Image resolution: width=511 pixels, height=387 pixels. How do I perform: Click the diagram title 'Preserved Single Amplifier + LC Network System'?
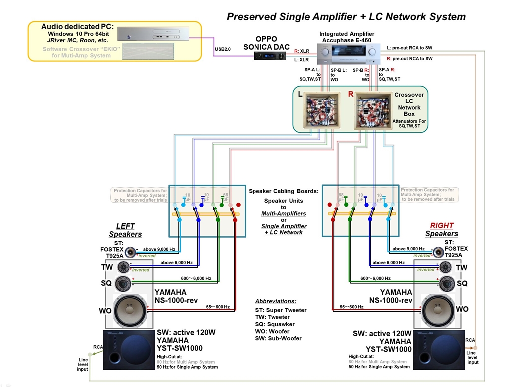click(x=346, y=17)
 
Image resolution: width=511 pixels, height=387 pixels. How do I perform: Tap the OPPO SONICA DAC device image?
click(x=265, y=56)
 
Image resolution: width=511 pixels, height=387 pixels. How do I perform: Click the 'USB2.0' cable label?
click(x=223, y=49)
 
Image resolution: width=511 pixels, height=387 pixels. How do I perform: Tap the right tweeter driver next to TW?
click(x=446, y=267)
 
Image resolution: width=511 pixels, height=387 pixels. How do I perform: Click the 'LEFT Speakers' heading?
click(x=125, y=230)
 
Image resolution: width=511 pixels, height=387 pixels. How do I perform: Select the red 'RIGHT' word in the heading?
click(x=442, y=226)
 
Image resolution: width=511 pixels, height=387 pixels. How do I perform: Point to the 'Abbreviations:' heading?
click(x=275, y=301)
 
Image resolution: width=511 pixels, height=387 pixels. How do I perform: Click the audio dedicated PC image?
click(x=153, y=34)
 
